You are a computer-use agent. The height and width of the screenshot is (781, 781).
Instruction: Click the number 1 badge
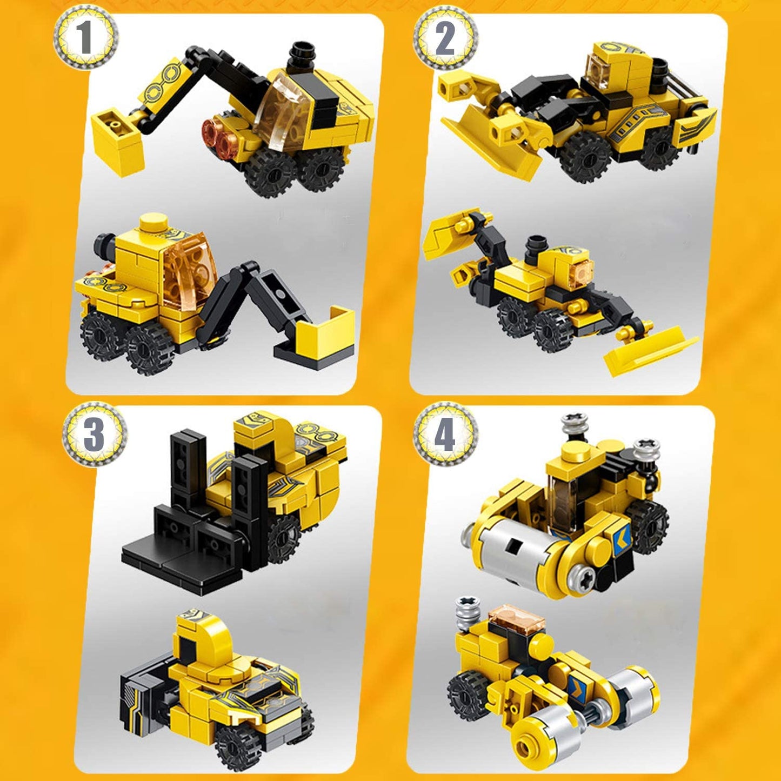pos(85,37)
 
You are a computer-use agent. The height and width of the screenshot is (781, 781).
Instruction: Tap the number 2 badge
pos(445,38)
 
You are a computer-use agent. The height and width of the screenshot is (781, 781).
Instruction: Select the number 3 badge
pos(94,433)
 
